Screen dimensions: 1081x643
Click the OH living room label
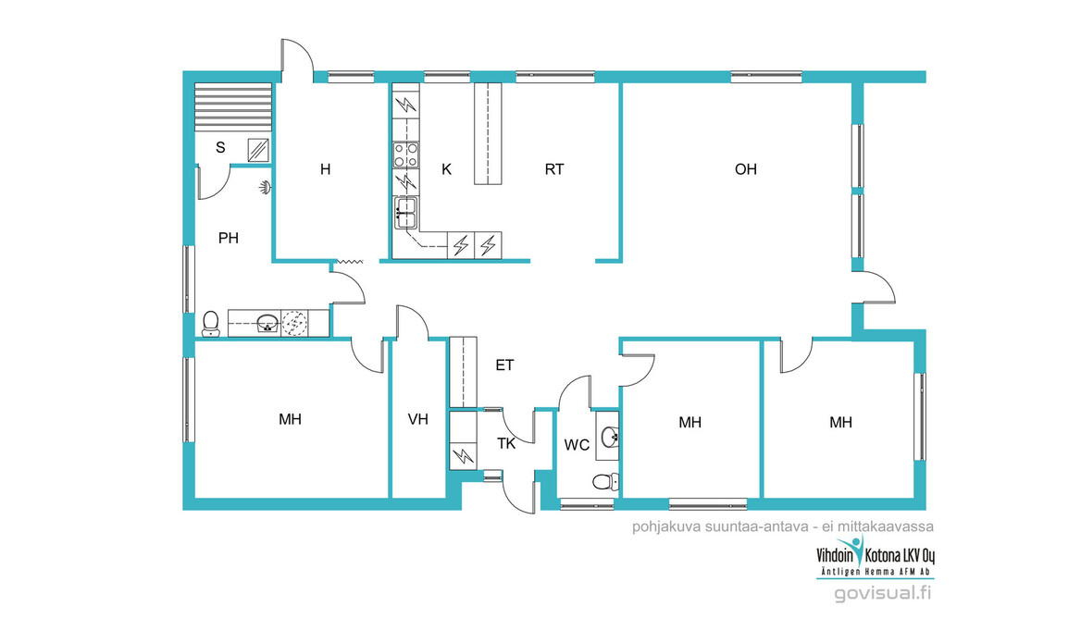746,169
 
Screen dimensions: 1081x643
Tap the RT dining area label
554,169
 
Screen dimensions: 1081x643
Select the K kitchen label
446,169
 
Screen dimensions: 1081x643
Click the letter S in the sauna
220,147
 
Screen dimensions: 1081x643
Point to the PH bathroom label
229,238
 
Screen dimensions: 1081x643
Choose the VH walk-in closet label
417,419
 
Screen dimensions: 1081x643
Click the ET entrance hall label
504,365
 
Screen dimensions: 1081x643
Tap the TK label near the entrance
506,443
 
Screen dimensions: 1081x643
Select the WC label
577,445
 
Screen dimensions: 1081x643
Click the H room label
326,169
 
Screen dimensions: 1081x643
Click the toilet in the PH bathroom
211,323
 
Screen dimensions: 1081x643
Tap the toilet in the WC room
605,481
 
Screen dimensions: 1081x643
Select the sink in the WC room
609,437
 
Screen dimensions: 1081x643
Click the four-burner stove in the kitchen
406,155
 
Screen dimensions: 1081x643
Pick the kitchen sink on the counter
406,213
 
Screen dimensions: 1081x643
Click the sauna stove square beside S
258,150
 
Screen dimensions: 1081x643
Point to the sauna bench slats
233,106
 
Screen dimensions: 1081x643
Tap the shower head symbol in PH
266,187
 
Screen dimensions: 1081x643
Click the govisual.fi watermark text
883,592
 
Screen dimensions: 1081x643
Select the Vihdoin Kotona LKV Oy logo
876,555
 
